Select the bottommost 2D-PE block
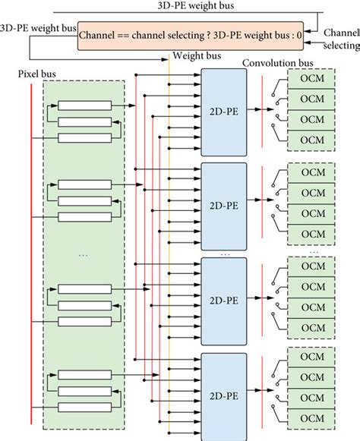tap(225, 395)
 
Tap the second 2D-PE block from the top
tap(225, 206)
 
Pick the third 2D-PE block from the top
tap(225, 301)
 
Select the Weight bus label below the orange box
tap(197, 56)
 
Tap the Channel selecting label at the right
tap(340, 40)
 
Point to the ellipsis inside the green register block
tap(83, 255)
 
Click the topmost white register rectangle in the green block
tap(83, 106)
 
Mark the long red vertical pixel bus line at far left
tap(31, 250)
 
